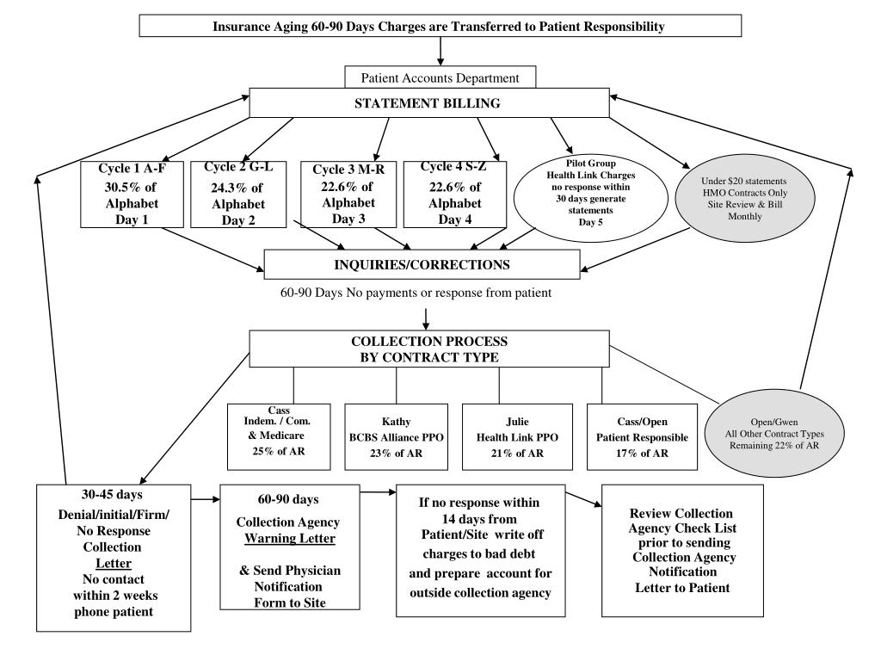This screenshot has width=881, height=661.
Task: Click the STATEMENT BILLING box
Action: click(x=429, y=103)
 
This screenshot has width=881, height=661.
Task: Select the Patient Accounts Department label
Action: click(x=440, y=78)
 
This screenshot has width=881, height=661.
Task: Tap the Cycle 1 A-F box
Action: click(x=132, y=195)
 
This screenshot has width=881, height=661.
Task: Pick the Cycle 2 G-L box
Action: click(x=238, y=195)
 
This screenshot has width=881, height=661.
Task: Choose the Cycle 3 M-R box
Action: click(x=348, y=195)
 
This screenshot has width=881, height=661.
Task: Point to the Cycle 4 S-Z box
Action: click(x=455, y=195)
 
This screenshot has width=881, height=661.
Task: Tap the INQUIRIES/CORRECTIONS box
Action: click(x=422, y=265)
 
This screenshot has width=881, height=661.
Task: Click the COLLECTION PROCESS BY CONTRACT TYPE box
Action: click(x=429, y=349)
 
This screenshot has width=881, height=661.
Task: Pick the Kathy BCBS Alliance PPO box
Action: click(x=396, y=436)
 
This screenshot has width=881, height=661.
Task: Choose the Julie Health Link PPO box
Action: click(x=517, y=436)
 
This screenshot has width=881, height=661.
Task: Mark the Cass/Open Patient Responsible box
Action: click(x=642, y=436)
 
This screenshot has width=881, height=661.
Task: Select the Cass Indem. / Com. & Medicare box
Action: click(x=279, y=436)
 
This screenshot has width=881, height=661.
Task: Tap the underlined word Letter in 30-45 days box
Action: click(x=114, y=563)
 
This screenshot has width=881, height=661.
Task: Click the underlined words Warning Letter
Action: click(x=290, y=539)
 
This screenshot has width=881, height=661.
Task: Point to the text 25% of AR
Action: click(x=279, y=451)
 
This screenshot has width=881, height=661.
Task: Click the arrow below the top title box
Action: click(x=440, y=51)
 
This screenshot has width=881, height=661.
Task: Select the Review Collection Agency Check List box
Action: click(x=682, y=551)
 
